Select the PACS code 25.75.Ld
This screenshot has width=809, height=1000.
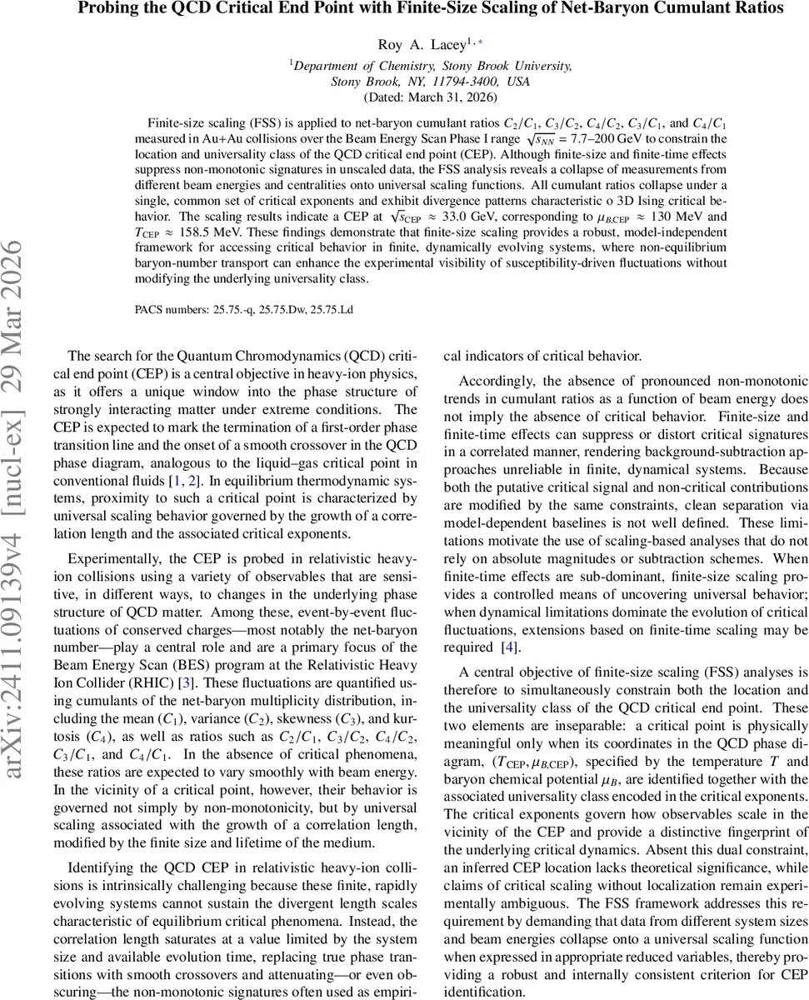click(x=331, y=309)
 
